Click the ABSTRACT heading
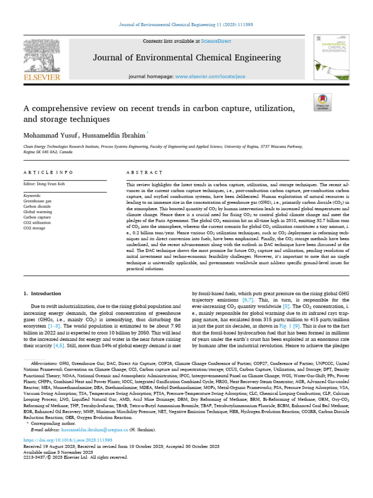point(144,173)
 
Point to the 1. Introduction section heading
point(43,294)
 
